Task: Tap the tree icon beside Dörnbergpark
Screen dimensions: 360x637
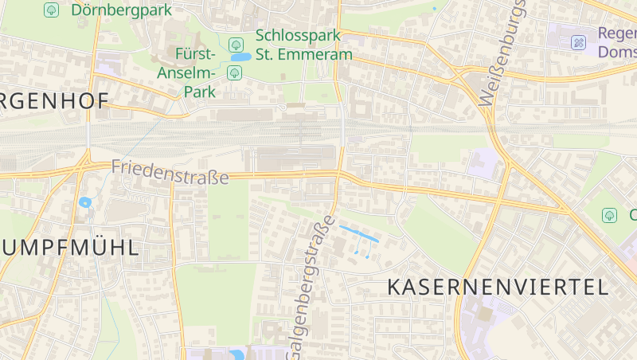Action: click(52, 10)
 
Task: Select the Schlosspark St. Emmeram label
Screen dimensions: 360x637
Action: click(303, 45)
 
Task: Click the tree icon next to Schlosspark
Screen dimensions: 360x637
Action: click(235, 45)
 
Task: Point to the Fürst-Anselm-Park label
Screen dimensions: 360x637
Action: click(195, 72)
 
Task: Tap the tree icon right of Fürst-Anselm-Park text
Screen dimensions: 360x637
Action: click(235, 73)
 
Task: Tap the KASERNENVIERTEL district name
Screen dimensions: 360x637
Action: click(498, 288)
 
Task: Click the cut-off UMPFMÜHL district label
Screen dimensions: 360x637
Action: click(68, 247)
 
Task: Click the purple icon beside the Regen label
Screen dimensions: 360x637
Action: click(579, 42)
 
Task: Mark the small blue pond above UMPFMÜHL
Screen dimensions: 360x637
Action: click(85, 202)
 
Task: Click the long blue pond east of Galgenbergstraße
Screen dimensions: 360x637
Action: click(359, 234)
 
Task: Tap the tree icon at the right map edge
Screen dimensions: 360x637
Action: click(610, 215)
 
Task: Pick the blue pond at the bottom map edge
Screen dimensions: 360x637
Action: click(236, 354)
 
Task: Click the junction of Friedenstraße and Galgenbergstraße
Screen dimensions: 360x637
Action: click(339, 174)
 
